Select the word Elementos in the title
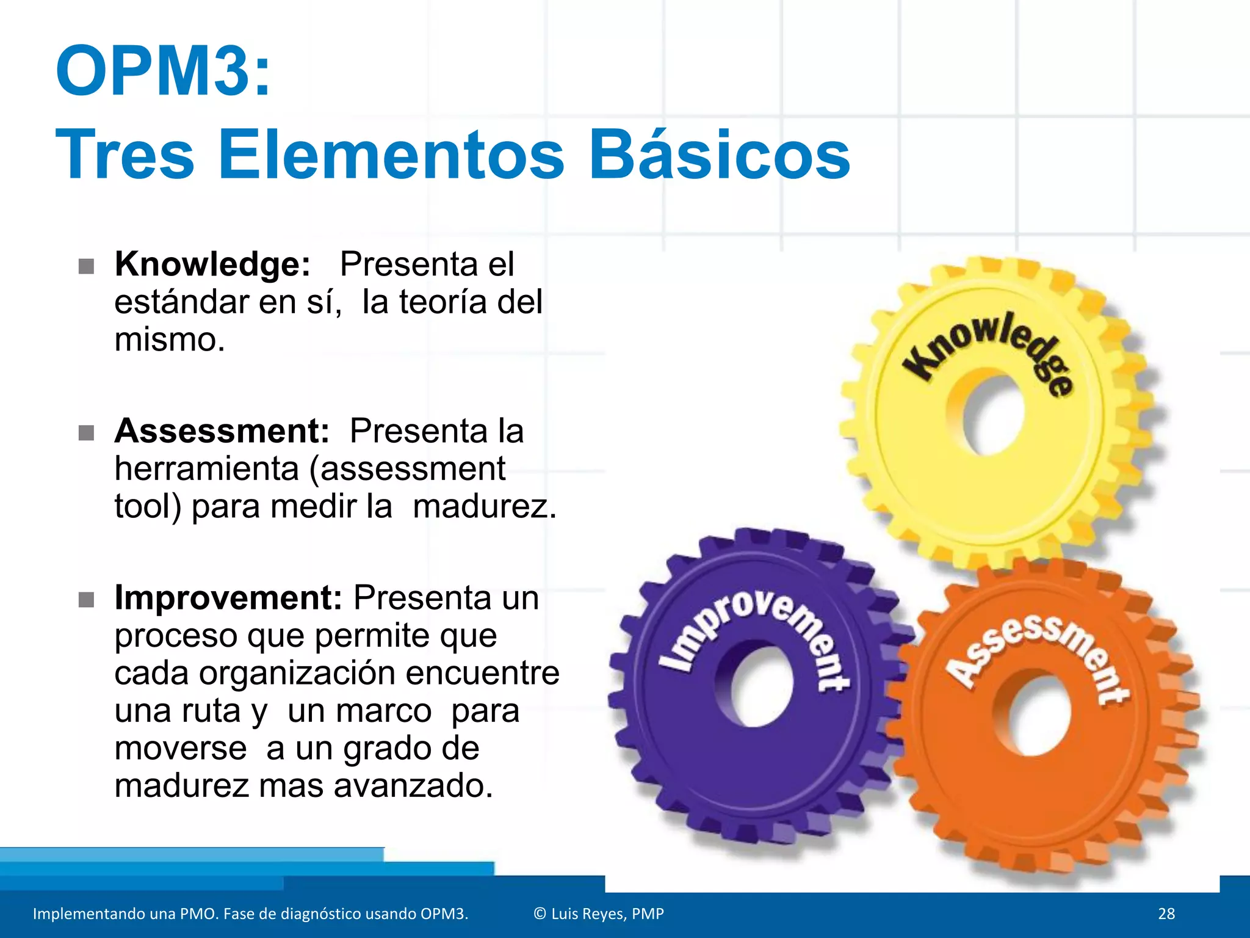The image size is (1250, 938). coord(391,155)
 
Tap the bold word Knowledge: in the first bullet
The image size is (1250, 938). coord(212,264)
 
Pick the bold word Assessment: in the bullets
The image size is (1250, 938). coord(222,431)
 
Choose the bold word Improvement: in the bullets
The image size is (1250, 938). coord(228,598)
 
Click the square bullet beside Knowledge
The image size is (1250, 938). coord(87,267)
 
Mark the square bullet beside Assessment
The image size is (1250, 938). coord(87,434)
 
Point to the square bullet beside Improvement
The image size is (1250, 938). coord(87,600)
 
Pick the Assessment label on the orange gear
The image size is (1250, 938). coord(1038,653)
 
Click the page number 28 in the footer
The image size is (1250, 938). coord(1166,914)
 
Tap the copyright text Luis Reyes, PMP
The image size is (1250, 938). coord(599,914)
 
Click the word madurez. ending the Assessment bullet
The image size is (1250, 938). coord(485,507)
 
